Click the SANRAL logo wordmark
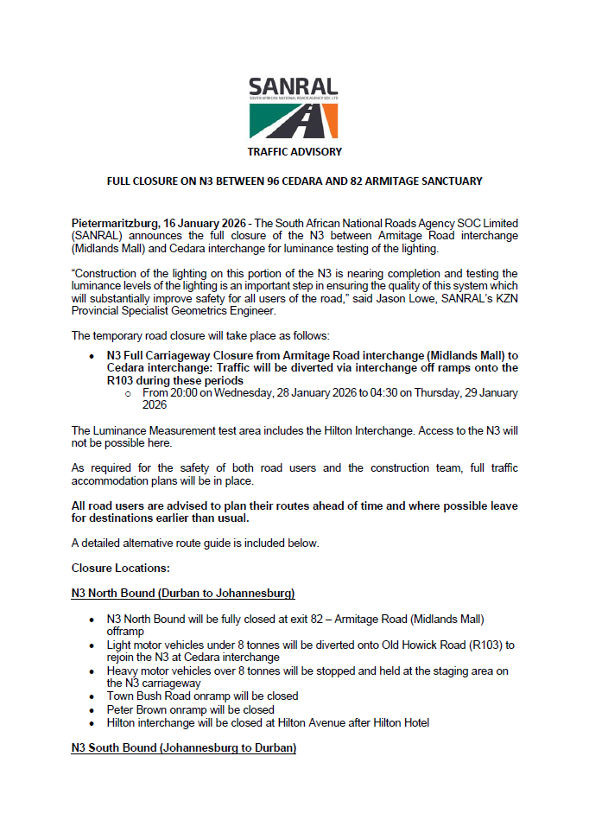[x=293, y=87]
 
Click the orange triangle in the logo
[x=327, y=123]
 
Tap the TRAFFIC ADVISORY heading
[x=294, y=151]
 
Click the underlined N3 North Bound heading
[x=183, y=593]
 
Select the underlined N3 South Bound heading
[x=183, y=747]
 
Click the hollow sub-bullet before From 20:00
[x=128, y=393]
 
